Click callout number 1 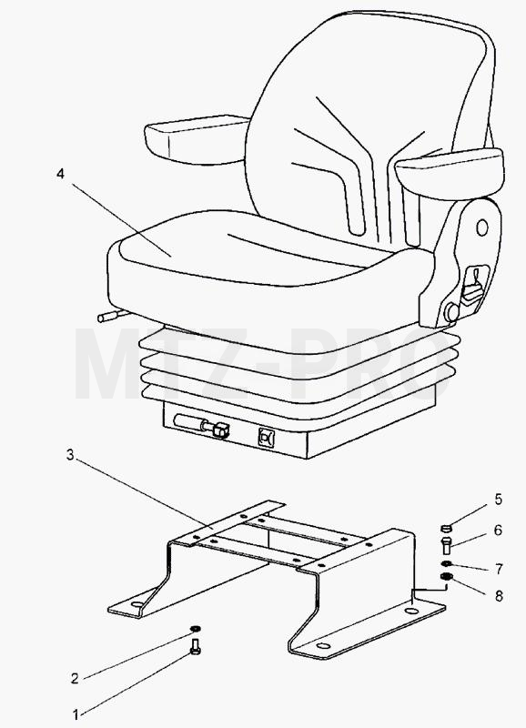coord(76,713)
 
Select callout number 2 coord(76,678)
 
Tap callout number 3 coord(70,455)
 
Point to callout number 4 coord(60,174)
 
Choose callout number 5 coord(499,500)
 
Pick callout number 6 coord(499,530)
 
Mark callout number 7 coord(499,569)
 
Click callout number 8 coord(499,596)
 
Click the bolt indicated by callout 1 coord(196,646)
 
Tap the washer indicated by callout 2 coord(196,629)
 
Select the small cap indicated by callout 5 coord(446,528)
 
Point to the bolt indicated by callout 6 coord(446,545)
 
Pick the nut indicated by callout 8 coord(447,577)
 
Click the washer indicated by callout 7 coord(447,563)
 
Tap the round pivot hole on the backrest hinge coord(482,227)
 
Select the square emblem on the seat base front coord(267,438)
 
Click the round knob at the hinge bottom coord(451,312)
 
